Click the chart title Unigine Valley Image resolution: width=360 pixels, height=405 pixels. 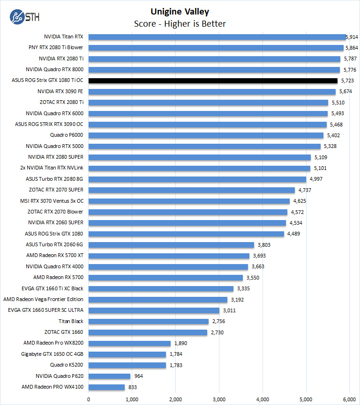[x=180, y=12]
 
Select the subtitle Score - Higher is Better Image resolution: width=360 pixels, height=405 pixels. [x=180, y=23]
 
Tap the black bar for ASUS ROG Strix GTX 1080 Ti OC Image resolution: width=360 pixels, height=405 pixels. [x=212, y=81]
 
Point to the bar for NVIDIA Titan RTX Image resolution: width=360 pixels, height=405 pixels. [x=217, y=37]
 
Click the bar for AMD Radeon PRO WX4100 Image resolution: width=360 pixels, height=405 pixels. [x=106, y=387]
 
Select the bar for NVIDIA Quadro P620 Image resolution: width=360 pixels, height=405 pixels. [x=109, y=376]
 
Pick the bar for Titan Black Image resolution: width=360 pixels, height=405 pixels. [x=148, y=321]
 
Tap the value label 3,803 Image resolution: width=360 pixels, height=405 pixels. [x=263, y=245]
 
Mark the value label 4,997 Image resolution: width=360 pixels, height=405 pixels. [x=315, y=179]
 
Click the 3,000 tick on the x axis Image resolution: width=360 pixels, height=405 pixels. [x=219, y=399]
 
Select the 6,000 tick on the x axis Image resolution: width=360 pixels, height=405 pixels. [x=349, y=399]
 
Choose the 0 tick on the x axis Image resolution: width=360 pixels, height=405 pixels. [x=89, y=399]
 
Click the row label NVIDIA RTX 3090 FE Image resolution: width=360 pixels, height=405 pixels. [x=60, y=91]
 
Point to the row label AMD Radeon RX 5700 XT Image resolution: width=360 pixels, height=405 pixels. [x=55, y=256]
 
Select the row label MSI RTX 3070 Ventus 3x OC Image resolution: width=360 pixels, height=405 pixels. [x=52, y=201]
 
